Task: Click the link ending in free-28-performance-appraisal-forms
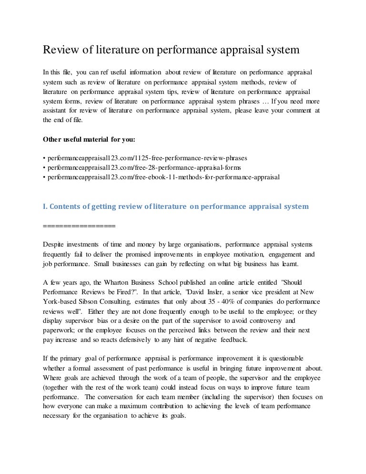tap(143, 167)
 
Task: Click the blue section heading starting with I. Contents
tap(176, 206)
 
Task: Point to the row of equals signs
tap(79, 226)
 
